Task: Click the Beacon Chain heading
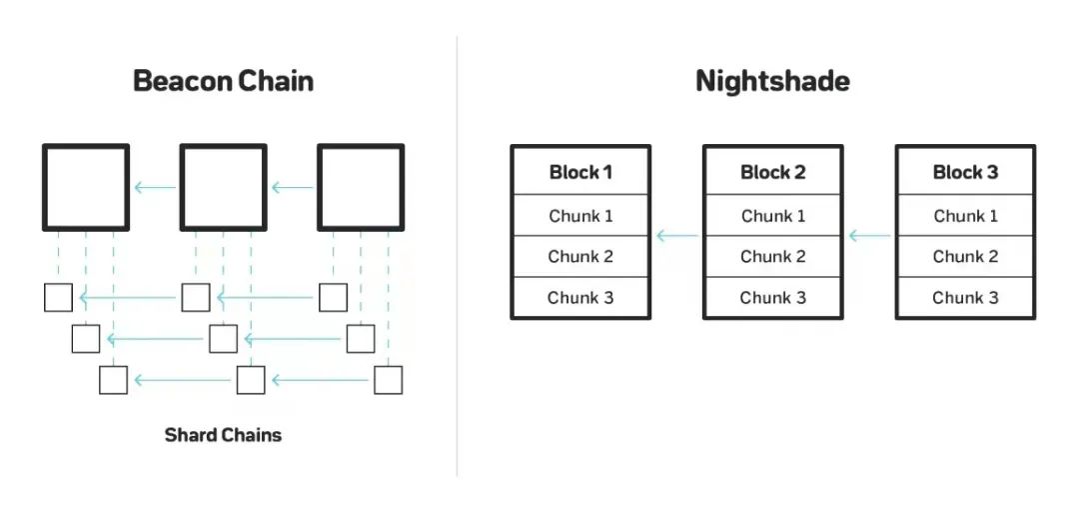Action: point(223,81)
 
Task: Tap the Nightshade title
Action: point(772,81)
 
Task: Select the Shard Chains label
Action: point(223,435)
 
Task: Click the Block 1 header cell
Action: point(580,172)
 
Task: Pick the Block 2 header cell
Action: point(772,172)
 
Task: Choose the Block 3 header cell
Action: point(965,172)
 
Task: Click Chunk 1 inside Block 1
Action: point(580,216)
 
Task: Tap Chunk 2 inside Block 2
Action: point(772,257)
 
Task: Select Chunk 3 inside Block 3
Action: point(965,298)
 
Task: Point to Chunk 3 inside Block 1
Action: point(580,298)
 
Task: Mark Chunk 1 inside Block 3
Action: point(965,216)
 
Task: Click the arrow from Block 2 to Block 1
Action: point(676,236)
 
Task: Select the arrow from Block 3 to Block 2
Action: point(869,236)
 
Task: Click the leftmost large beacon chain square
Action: point(86,187)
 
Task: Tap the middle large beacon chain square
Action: point(223,187)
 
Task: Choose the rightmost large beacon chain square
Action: point(361,187)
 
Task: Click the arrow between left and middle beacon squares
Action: point(155,187)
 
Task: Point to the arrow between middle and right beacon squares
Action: point(293,187)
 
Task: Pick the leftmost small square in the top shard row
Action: point(58,298)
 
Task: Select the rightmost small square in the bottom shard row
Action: point(388,380)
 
